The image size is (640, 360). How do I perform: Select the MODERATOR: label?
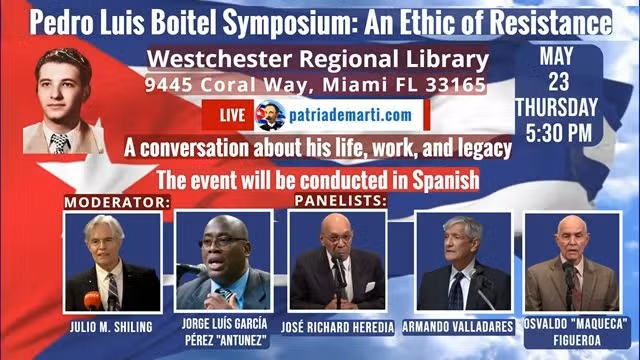click(x=117, y=202)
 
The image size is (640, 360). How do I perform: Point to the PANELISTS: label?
click(x=336, y=202)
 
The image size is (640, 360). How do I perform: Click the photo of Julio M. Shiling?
click(x=112, y=261)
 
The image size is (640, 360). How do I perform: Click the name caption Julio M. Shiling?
click(x=112, y=327)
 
